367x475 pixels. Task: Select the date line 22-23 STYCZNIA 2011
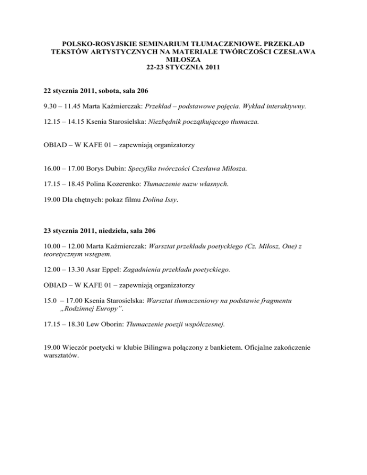pos(183,67)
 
